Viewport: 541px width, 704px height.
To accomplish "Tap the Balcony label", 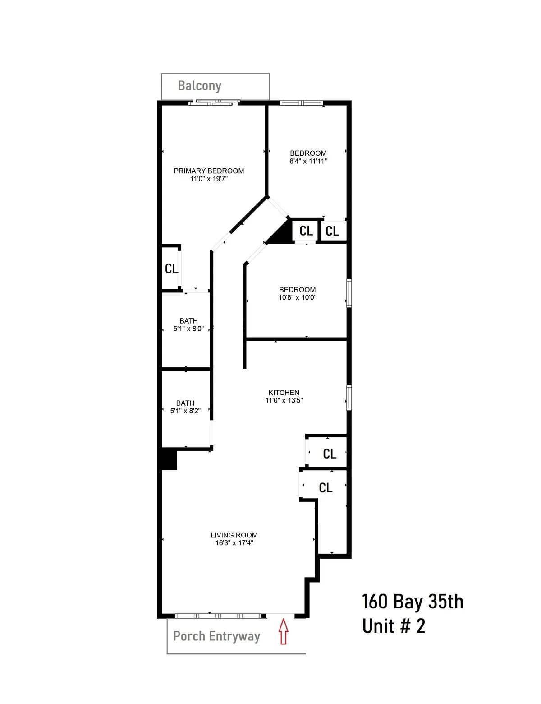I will click(199, 86).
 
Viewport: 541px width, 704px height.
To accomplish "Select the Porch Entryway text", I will click(216, 636).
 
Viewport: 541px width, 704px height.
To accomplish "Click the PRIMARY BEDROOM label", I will click(209, 171).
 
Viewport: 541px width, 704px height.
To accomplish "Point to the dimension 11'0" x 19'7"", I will click(209, 179).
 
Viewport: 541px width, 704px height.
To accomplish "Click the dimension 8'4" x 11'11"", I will click(308, 161).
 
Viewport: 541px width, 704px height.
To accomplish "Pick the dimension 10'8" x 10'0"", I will click(298, 297).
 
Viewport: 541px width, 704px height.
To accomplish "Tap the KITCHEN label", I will click(284, 393).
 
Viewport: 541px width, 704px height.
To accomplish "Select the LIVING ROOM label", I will click(234, 535).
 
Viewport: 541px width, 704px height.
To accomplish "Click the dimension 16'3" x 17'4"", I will click(234, 543).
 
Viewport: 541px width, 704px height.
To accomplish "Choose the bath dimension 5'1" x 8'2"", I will click(185, 411).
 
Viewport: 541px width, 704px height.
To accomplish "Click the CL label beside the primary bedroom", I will click(171, 269).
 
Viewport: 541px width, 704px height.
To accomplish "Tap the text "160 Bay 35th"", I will click(413, 602).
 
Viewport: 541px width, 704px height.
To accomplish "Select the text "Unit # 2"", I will click(394, 626).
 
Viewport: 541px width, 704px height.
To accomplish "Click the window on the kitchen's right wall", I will click(349, 398).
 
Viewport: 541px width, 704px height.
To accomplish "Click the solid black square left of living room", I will click(169, 459).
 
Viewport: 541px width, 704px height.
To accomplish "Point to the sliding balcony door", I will click(213, 103).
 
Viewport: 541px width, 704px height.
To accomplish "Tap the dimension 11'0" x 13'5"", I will click(284, 400).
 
